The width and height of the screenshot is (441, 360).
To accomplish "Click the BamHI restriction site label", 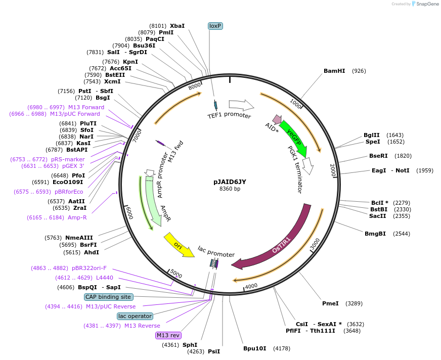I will click(334, 71).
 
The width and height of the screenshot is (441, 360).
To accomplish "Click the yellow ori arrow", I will click(179, 245).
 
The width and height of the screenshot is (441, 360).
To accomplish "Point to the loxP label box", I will click(215, 26).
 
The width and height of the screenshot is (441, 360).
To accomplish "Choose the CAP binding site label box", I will click(108, 297).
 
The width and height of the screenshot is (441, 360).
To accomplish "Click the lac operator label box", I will click(135, 316).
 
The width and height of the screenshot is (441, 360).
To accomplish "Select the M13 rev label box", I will click(168, 335).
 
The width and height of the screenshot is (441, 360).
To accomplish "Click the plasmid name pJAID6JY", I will click(230, 182).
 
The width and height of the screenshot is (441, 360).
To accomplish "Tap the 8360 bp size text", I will click(230, 189).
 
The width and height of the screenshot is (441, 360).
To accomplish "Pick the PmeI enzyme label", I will click(330, 303).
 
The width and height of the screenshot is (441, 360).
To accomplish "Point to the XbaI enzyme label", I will click(177, 26).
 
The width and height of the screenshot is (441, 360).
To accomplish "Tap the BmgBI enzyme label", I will click(375, 234).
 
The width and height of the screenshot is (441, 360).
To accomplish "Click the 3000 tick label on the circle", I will click(315, 244).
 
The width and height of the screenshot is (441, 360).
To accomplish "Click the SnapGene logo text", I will click(427, 4).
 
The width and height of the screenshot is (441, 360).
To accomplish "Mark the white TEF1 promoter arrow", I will click(241, 105).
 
